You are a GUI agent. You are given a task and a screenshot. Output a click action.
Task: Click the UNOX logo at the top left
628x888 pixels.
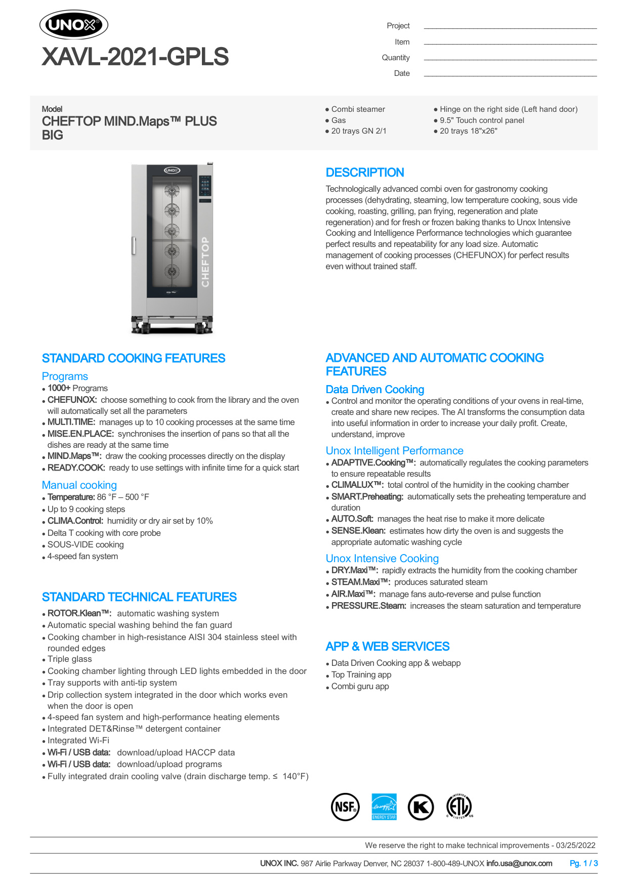pos(74,25)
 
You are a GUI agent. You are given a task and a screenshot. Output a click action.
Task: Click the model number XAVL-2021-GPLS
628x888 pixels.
pos(135,57)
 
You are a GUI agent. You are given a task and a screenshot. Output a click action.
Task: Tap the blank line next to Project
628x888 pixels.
pos(510,27)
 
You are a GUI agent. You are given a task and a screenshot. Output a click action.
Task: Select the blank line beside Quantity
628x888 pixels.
pos(510,59)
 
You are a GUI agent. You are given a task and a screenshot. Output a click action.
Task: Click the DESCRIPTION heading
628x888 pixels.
pos(364,173)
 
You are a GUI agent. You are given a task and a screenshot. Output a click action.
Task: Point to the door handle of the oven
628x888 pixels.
pos(134,245)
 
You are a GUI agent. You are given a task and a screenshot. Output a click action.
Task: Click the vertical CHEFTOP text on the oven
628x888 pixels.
pos(205,262)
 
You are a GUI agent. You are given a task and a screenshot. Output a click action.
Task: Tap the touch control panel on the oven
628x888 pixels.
pos(205,186)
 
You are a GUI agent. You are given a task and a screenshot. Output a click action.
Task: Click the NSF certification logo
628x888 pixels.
pos(345,807)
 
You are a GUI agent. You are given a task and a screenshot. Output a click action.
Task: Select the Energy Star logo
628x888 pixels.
pos(384,807)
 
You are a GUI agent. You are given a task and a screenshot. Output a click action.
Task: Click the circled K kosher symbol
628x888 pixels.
pos(421,807)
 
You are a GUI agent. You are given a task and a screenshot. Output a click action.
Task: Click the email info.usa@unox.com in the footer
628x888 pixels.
pos(519,863)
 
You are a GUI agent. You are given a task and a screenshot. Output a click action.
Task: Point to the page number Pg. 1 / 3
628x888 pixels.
pos(583,863)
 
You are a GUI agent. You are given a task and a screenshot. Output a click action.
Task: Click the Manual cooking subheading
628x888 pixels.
pos(79,485)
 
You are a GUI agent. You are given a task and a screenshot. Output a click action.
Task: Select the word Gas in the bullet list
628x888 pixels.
pos(339,120)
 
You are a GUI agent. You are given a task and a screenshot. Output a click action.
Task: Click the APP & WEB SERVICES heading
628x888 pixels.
pos(387,647)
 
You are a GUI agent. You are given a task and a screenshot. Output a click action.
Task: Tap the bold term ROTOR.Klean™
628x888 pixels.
pos(79,613)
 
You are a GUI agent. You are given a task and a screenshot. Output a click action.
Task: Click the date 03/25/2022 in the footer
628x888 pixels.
pos(575,845)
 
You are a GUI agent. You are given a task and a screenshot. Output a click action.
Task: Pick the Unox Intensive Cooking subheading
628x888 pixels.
pos(382,559)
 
